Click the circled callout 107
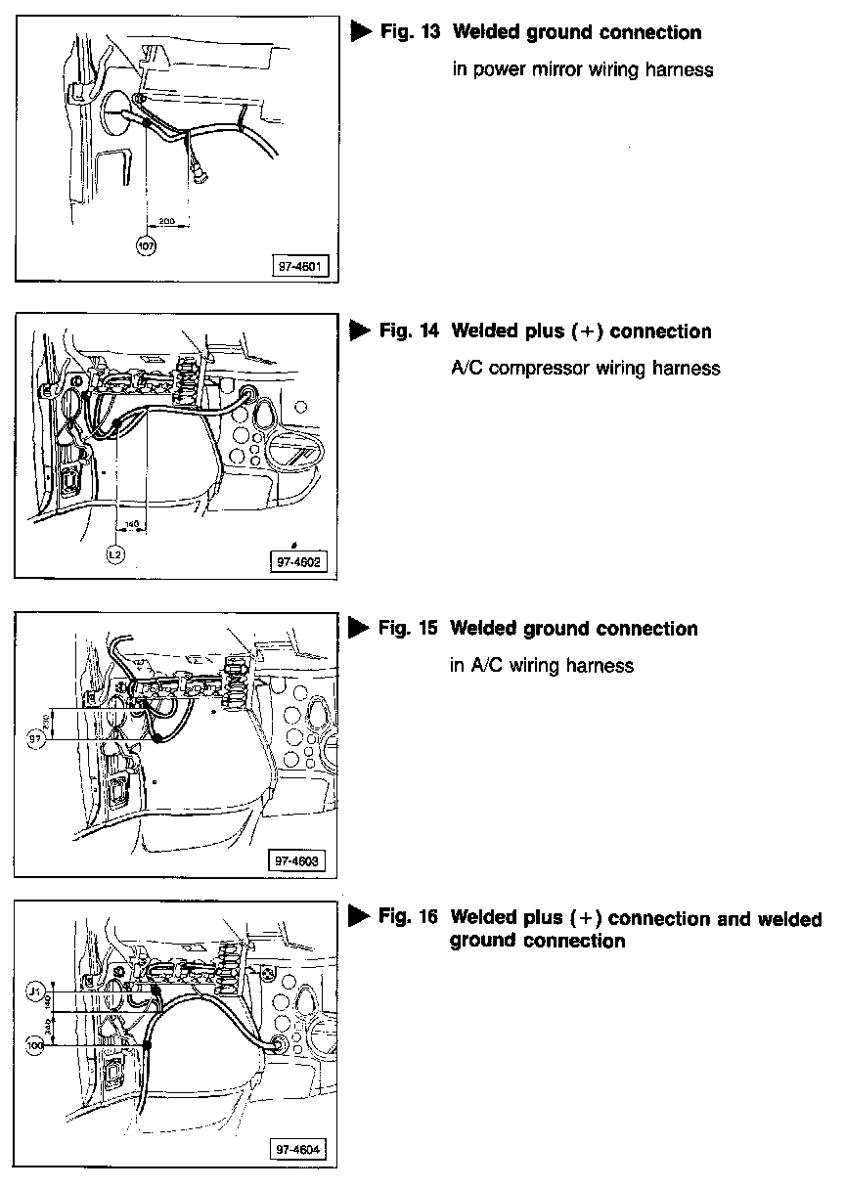click(x=147, y=245)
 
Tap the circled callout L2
click(x=115, y=554)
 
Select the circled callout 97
click(x=37, y=740)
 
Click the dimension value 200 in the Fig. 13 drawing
click(x=166, y=222)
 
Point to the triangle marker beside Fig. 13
click(x=360, y=32)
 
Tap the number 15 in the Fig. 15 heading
click(x=428, y=628)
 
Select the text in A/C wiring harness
click(x=541, y=666)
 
